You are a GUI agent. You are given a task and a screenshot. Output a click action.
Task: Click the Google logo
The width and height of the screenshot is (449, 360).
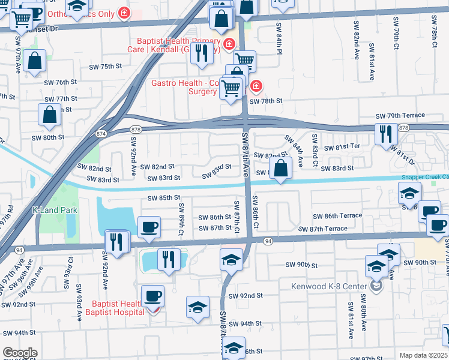click(20, 353)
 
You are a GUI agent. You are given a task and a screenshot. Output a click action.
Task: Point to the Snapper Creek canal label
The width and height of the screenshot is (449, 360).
click(426, 177)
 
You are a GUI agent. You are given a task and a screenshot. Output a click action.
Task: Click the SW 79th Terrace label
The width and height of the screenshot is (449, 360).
click(400, 115)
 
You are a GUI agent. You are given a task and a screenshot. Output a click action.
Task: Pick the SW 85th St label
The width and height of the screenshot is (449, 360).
click(164, 197)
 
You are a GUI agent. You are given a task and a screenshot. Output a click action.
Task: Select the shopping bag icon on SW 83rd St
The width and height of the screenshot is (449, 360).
click(281, 169)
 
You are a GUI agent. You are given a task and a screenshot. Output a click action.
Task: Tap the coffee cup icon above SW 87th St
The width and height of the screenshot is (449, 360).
click(149, 227)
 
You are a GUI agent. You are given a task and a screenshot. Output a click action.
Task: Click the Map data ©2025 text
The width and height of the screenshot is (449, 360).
click(423, 355)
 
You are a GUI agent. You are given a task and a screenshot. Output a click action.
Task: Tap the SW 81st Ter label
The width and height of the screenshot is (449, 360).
click(342, 147)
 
